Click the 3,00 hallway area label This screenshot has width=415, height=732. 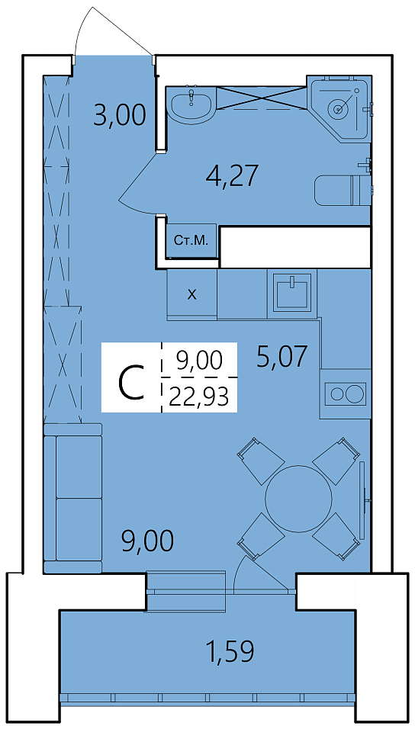120,115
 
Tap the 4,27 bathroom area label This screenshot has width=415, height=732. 232,175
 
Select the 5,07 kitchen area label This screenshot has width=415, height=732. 282,357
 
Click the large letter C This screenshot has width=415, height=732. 130,383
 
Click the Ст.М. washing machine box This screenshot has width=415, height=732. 191,241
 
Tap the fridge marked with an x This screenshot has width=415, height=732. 192,294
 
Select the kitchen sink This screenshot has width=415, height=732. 292,293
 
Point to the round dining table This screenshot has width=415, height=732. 299,498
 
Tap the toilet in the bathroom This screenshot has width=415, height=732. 343,191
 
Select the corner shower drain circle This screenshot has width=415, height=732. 339,109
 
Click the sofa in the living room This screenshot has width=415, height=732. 72,498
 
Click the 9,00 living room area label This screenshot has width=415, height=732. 147,541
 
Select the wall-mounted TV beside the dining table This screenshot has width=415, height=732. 362,500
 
